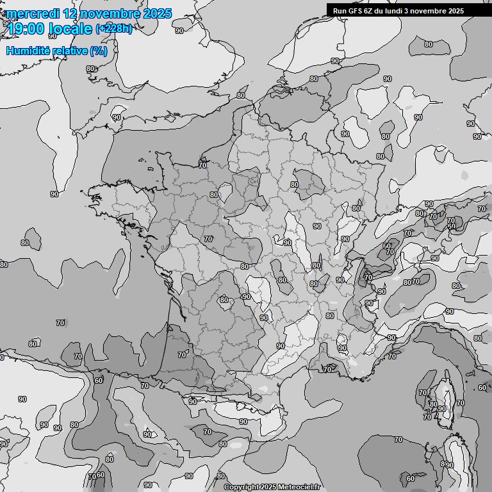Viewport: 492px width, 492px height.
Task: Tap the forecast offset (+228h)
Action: click(113, 29)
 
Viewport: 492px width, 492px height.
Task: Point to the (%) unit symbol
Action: click(98, 51)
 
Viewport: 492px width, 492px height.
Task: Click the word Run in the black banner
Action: click(340, 10)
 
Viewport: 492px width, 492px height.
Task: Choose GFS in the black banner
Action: click(356, 10)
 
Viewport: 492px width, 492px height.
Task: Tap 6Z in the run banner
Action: click(370, 10)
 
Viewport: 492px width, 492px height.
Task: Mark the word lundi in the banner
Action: click(395, 10)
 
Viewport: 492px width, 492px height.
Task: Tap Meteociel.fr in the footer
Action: click(299, 487)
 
